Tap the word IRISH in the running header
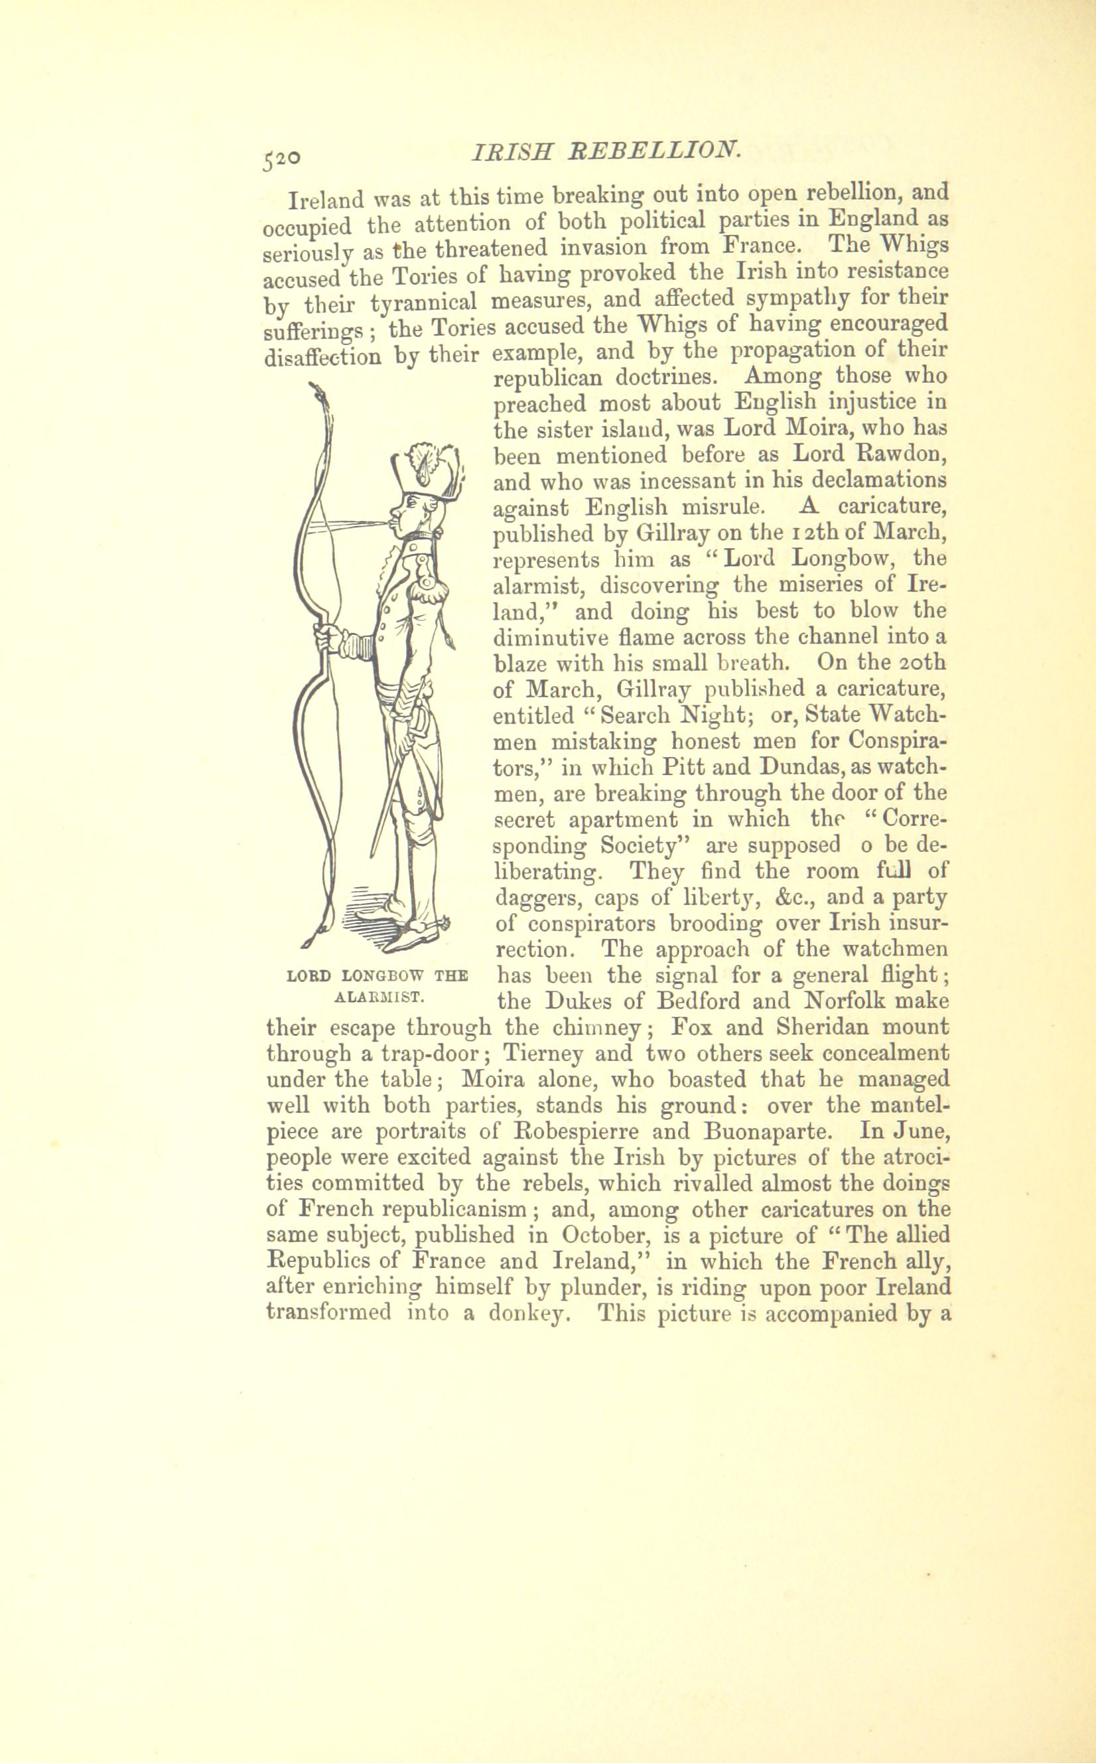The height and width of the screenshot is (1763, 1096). pos(514,151)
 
